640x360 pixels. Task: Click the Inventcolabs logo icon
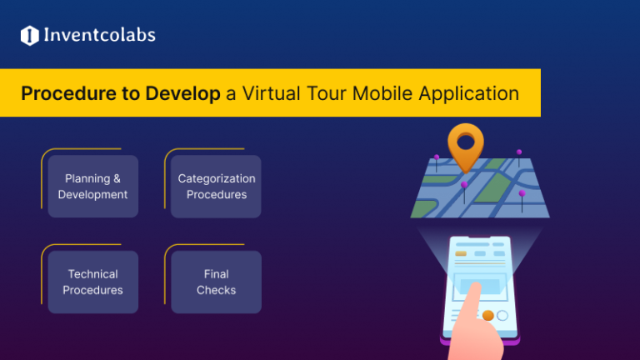30,35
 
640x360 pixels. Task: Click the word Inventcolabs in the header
100,35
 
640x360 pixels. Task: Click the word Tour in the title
327,92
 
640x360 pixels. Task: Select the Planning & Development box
92,186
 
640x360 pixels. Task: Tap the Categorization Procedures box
217,186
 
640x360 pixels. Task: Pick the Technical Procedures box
92,282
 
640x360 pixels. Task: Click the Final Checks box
217,282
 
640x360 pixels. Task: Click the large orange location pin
465,147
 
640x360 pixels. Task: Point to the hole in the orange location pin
465,139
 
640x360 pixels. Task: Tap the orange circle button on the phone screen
487,316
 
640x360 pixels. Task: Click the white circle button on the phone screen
502,316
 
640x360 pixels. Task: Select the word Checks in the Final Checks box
217,290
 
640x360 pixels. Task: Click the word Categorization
217,178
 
